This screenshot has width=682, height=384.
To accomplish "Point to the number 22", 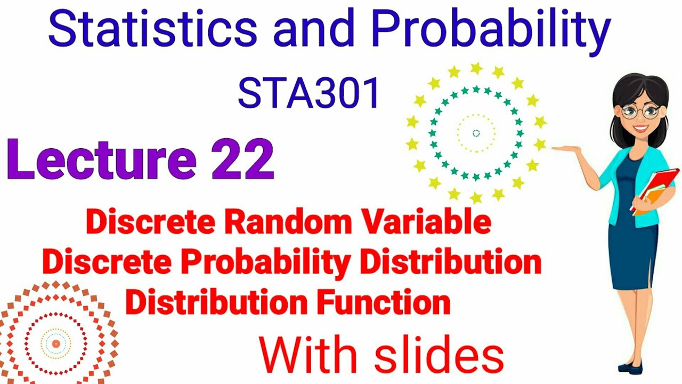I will pyautogui.click(x=242, y=159).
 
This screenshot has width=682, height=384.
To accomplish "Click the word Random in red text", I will pyautogui.click(x=306, y=223).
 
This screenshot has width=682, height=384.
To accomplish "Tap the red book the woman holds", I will pyautogui.click(x=657, y=187).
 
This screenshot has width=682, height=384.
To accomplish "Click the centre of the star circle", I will pyautogui.click(x=476, y=133).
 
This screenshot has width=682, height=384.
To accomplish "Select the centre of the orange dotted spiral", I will pyautogui.click(x=55, y=343).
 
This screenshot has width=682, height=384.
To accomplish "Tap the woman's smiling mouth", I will pyautogui.click(x=642, y=129).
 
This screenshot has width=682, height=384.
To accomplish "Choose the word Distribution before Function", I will pyautogui.click(x=216, y=302).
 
